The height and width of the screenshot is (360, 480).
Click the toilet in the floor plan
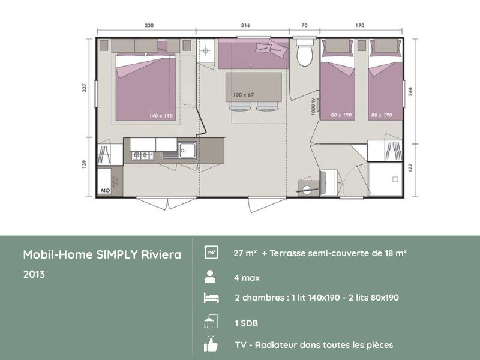pyautogui.click(x=305, y=53)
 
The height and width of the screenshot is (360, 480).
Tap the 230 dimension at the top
pyautogui.click(x=149, y=26)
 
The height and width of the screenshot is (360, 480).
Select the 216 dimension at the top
pyautogui.click(x=245, y=26)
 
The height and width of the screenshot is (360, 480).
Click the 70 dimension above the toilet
pyautogui.click(x=305, y=26)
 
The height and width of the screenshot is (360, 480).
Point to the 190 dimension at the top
pyautogui.click(x=359, y=26)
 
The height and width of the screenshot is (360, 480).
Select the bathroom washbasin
pyautogui.click(x=308, y=188)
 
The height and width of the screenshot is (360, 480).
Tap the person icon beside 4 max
pyautogui.click(x=210, y=277)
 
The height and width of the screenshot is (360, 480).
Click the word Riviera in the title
pyautogui.click(x=160, y=254)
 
